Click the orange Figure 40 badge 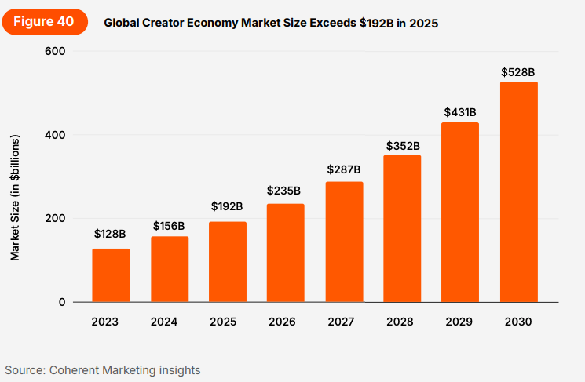pos(43,22)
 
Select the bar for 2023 pos(111,275)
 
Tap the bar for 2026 pos(285,253)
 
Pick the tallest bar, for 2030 pos(518,192)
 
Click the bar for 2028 pos(402,228)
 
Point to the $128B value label pos(110,234)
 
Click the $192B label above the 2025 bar pos(227,206)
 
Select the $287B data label pos(344,169)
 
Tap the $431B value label pos(460,112)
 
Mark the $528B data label pos(518,72)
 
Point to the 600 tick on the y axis pos(56,51)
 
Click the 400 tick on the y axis pos(56,135)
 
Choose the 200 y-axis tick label pos(56,218)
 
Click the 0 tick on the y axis pos(62,302)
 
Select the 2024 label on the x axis pos(169,322)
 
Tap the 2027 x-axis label pos(344,322)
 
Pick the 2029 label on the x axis pos(460,322)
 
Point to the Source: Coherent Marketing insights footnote pos(103,369)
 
